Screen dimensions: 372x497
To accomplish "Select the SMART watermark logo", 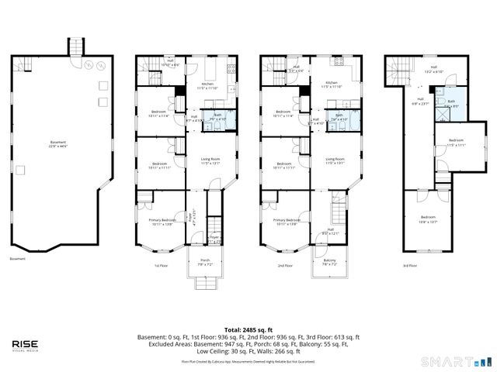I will (x=456, y=361).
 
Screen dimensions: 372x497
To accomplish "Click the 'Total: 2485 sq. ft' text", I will (x=248, y=329).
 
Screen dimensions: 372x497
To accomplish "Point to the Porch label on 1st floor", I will (x=205, y=261).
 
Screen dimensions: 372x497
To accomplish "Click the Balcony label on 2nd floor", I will (x=330, y=261).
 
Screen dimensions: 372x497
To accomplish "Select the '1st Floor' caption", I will (x=162, y=265).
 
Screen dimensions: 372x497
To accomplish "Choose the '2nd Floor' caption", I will (x=286, y=265).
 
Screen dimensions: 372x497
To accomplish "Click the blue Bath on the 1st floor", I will (x=217, y=118).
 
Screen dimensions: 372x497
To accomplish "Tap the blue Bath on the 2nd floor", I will (x=339, y=118).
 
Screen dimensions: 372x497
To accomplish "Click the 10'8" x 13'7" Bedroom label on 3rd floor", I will (x=429, y=219).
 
